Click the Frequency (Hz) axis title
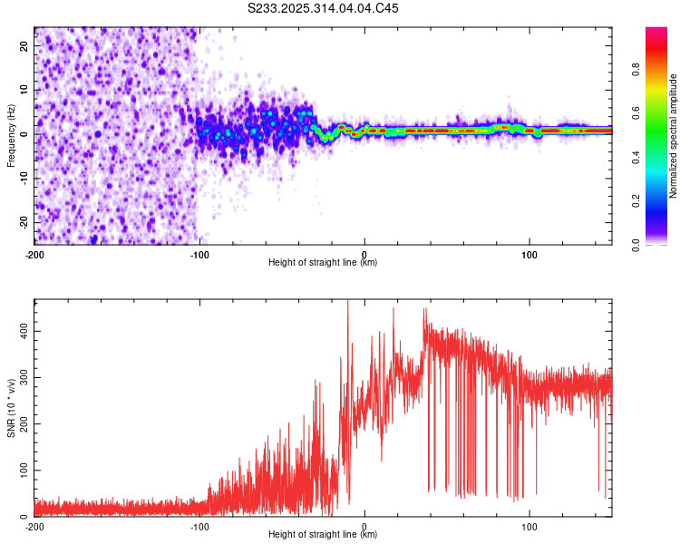click(x=11, y=136)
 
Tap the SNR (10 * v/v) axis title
click(x=11, y=408)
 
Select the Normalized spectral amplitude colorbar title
click(x=674, y=136)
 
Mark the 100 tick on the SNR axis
click(x=22, y=471)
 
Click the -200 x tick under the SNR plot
click(x=34, y=526)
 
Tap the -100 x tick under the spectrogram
click(x=199, y=254)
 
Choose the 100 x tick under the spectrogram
click(x=529, y=254)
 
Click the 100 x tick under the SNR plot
click(x=529, y=526)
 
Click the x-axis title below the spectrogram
click(x=323, y=263)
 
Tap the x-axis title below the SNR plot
click(x=323, y=535)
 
